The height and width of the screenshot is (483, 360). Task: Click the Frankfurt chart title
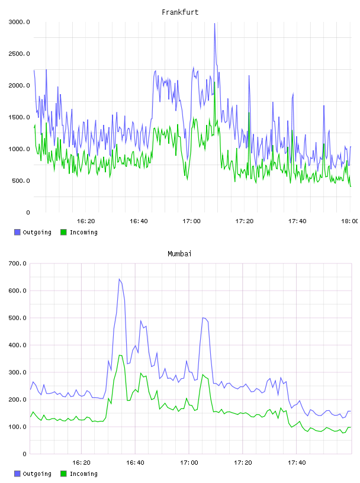pos(180,12)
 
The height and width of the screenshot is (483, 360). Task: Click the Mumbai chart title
pos(179,254)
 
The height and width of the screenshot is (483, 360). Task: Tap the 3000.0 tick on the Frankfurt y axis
pos(19,22)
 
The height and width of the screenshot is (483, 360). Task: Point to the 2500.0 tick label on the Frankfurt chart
pos(19,54)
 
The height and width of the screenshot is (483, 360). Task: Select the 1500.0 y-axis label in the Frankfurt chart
pos(19,117)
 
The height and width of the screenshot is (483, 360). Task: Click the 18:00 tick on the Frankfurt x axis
pos(350,221)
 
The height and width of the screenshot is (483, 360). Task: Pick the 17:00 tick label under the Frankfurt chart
pos(191,221)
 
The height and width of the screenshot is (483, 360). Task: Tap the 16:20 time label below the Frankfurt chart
pos(86,221)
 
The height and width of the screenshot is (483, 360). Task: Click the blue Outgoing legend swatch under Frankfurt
pos(17,232)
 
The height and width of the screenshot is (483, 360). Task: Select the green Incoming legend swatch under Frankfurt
pos(63,232)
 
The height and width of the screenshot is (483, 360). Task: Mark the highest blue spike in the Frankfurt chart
pos(214,24)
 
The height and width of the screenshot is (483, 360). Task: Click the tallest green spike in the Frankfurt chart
pos(214,82)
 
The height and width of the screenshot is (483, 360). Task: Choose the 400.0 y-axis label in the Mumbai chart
pos(17,345)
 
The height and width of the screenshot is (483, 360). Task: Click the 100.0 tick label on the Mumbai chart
pos(17,427)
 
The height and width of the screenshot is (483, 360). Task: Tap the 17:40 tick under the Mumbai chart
pos(297,463)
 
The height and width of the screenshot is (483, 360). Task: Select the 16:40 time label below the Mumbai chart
pos(135,463)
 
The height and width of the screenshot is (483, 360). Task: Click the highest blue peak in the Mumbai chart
pos(119,279)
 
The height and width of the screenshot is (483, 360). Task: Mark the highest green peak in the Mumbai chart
pos(120,356)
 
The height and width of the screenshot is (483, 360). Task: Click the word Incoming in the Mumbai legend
pos(83,474)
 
